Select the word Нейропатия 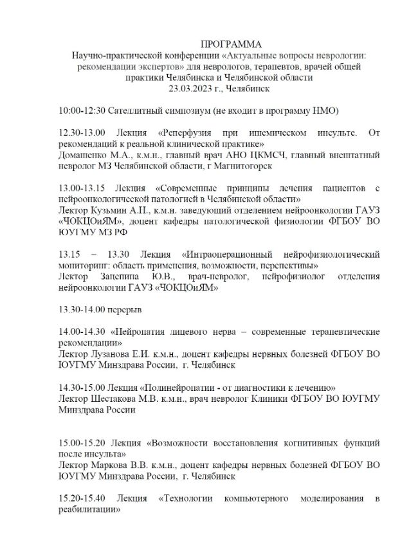coord(143,332)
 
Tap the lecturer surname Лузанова coord(114,354)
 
